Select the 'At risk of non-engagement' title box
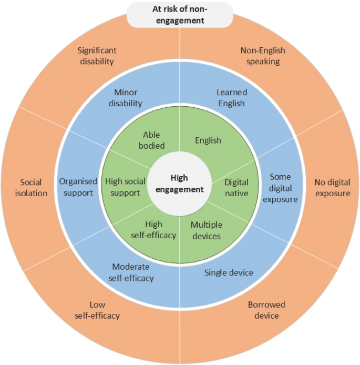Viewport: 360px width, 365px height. [x=180, y=16]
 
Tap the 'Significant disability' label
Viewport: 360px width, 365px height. [x=97, y=56]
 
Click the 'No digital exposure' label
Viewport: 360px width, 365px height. [x=332, y=188]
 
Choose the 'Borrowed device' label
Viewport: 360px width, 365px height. [x=267, y=310]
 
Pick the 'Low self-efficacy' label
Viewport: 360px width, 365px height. [x=98, y=310]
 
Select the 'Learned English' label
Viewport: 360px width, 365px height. [x=231, y=98]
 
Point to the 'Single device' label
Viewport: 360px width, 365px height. [x=228, y=272]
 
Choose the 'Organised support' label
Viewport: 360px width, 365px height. [x=78, y=187]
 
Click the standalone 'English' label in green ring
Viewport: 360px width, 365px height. [x=208, y=140]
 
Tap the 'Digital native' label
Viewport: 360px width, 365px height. [x=236, y=188]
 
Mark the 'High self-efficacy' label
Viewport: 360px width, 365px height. [x=153, y=230]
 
